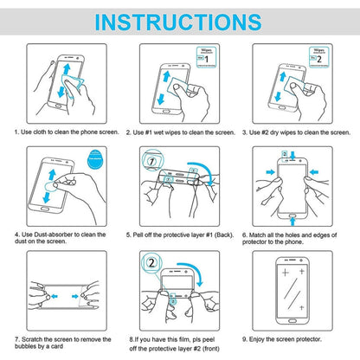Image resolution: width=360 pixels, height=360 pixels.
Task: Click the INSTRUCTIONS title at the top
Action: pyautogui.click(x=180, y=21)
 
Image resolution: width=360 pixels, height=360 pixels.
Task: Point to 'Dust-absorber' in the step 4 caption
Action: pyautogui.click(x=56, y=234)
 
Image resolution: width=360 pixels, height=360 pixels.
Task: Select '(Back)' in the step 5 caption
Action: pyautogui.click(x=222, y=234)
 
